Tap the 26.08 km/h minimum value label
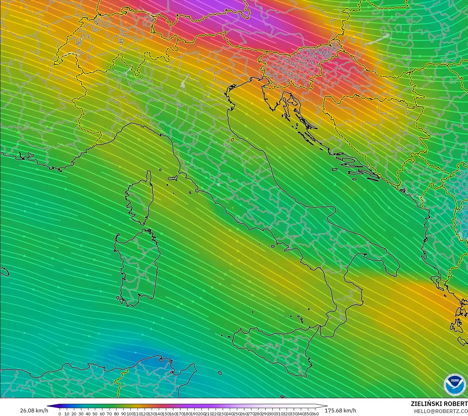point(34,411)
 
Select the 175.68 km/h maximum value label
point(341,411)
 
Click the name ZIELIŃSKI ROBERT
point(439,404)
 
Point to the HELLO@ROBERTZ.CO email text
point(441,411)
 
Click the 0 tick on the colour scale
point(60,414)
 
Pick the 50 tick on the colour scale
point(95,414)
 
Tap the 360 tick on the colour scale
point(315,414)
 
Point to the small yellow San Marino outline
point(232,140)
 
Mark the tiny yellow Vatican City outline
point(233,208)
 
